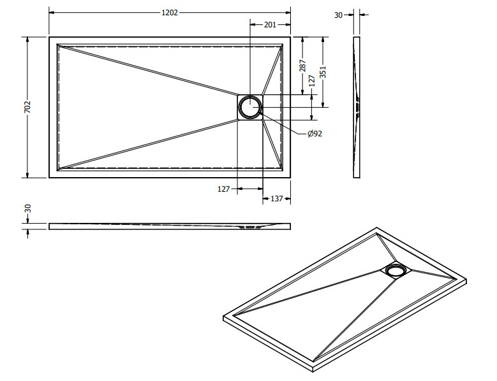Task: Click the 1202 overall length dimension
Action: [170, 13]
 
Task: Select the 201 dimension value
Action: [270, 25]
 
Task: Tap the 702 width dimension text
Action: [27, 107]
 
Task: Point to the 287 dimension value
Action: [302, 66]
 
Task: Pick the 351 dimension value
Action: [323, 72]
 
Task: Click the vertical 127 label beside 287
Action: [312, 81]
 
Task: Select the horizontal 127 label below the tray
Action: [223, 189]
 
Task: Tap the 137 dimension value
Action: [276, 199]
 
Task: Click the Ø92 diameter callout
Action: [315, 134]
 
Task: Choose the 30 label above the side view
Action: [338, 15]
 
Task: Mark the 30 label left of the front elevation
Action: [28, 208]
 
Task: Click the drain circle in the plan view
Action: [250, 107]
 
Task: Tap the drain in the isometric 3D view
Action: [396, 270]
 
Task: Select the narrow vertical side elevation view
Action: [357, 107]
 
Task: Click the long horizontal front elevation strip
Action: [170, 226]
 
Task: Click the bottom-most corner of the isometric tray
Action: [314, 371]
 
